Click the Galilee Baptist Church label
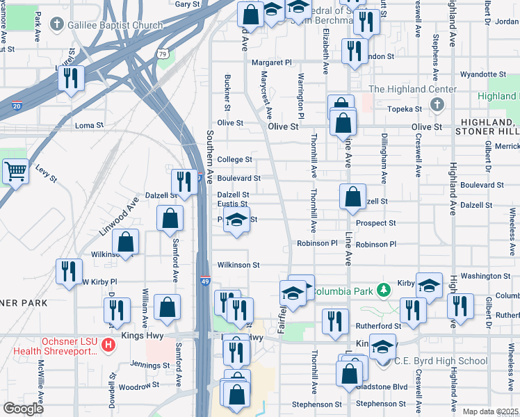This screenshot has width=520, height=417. (x=115, y=25)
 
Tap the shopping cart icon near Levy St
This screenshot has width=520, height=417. (x=15, y=171)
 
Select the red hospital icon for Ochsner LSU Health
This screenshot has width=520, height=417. (x=108, y=344)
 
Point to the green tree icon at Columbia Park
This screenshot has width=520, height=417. (x=382, y=288)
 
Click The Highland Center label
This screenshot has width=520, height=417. (x=412, y=89)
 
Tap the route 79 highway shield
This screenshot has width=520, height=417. (x=162, y=54)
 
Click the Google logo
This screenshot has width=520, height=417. (x=24, y=409)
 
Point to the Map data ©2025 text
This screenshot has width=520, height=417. (x=490, y=411)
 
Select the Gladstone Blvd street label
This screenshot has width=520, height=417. (x=381, y=386)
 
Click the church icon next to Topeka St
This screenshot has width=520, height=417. (x=437, y=105)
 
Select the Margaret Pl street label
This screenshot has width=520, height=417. (x=271, y=63)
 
